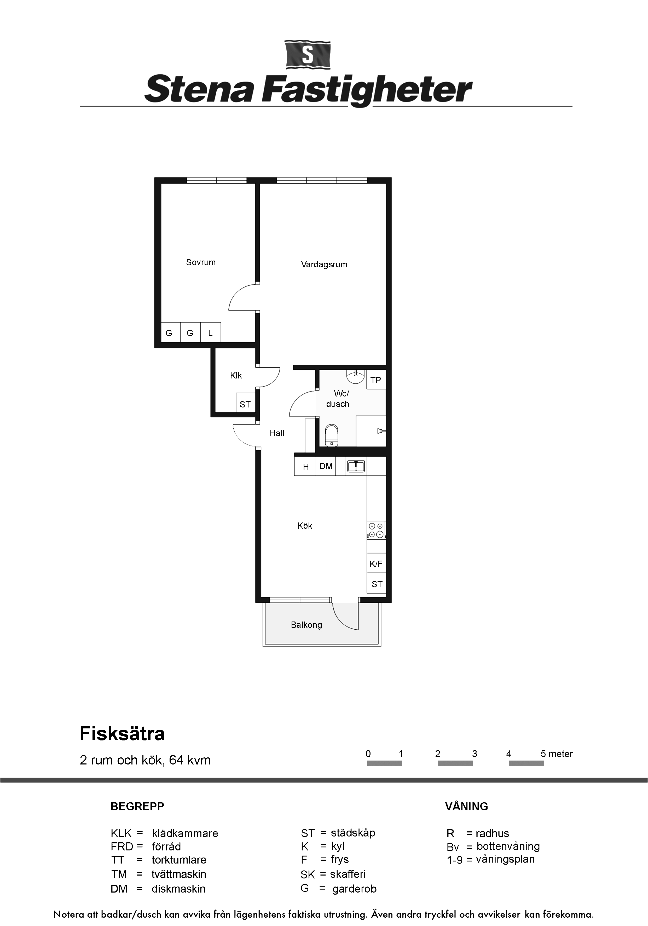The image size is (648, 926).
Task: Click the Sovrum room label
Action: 201,263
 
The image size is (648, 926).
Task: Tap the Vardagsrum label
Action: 324,264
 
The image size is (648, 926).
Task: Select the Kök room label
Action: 305,526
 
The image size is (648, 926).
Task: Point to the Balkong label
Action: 306,625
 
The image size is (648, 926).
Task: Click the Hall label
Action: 277,434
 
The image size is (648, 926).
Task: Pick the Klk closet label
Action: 236,376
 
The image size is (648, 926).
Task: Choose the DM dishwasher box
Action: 326,466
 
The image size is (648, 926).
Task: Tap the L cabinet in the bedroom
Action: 211,333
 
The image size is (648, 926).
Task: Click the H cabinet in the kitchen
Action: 306,467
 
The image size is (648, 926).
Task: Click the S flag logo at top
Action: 308,54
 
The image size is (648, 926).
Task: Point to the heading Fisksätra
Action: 122,734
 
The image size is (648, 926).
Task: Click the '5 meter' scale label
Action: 557,754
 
